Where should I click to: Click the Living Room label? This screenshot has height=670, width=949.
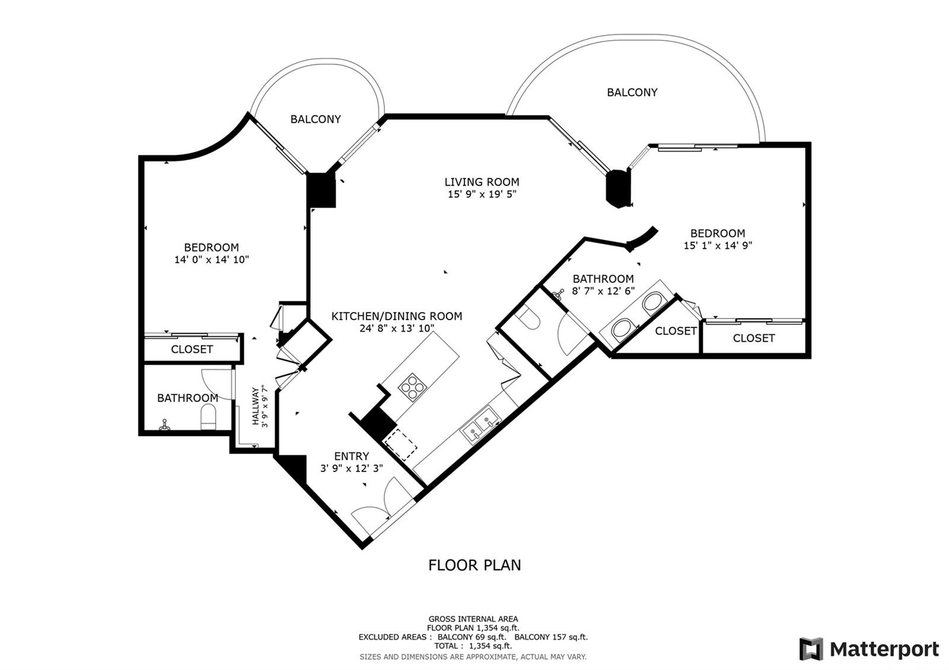(482, 182)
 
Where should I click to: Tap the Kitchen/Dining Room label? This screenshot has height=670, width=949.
(397, 316)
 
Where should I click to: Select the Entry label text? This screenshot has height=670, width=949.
(351, 456)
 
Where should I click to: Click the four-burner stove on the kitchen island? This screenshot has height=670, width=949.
(412, 387)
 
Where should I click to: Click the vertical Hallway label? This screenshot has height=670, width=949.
(256, 406)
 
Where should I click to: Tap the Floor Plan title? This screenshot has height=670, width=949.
(474, 565)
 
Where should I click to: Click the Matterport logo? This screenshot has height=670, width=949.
(870, 649)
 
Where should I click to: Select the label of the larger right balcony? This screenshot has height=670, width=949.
(632, 92)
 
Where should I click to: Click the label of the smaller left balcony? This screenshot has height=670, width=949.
(316, 119)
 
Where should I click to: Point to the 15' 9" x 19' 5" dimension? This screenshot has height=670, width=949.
(482, 194)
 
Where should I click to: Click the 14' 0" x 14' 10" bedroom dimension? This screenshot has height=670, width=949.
(211, 260)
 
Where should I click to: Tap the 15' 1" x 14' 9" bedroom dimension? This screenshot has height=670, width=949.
(718, 245)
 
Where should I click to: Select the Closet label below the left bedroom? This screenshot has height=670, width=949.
(192, 349)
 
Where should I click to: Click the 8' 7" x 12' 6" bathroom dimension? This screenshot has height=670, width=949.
(603, 291)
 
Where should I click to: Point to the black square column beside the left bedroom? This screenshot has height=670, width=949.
(321, 190)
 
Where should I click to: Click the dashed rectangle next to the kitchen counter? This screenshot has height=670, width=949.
(400, 444)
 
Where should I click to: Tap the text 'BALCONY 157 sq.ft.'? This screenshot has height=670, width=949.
(551, 637)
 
